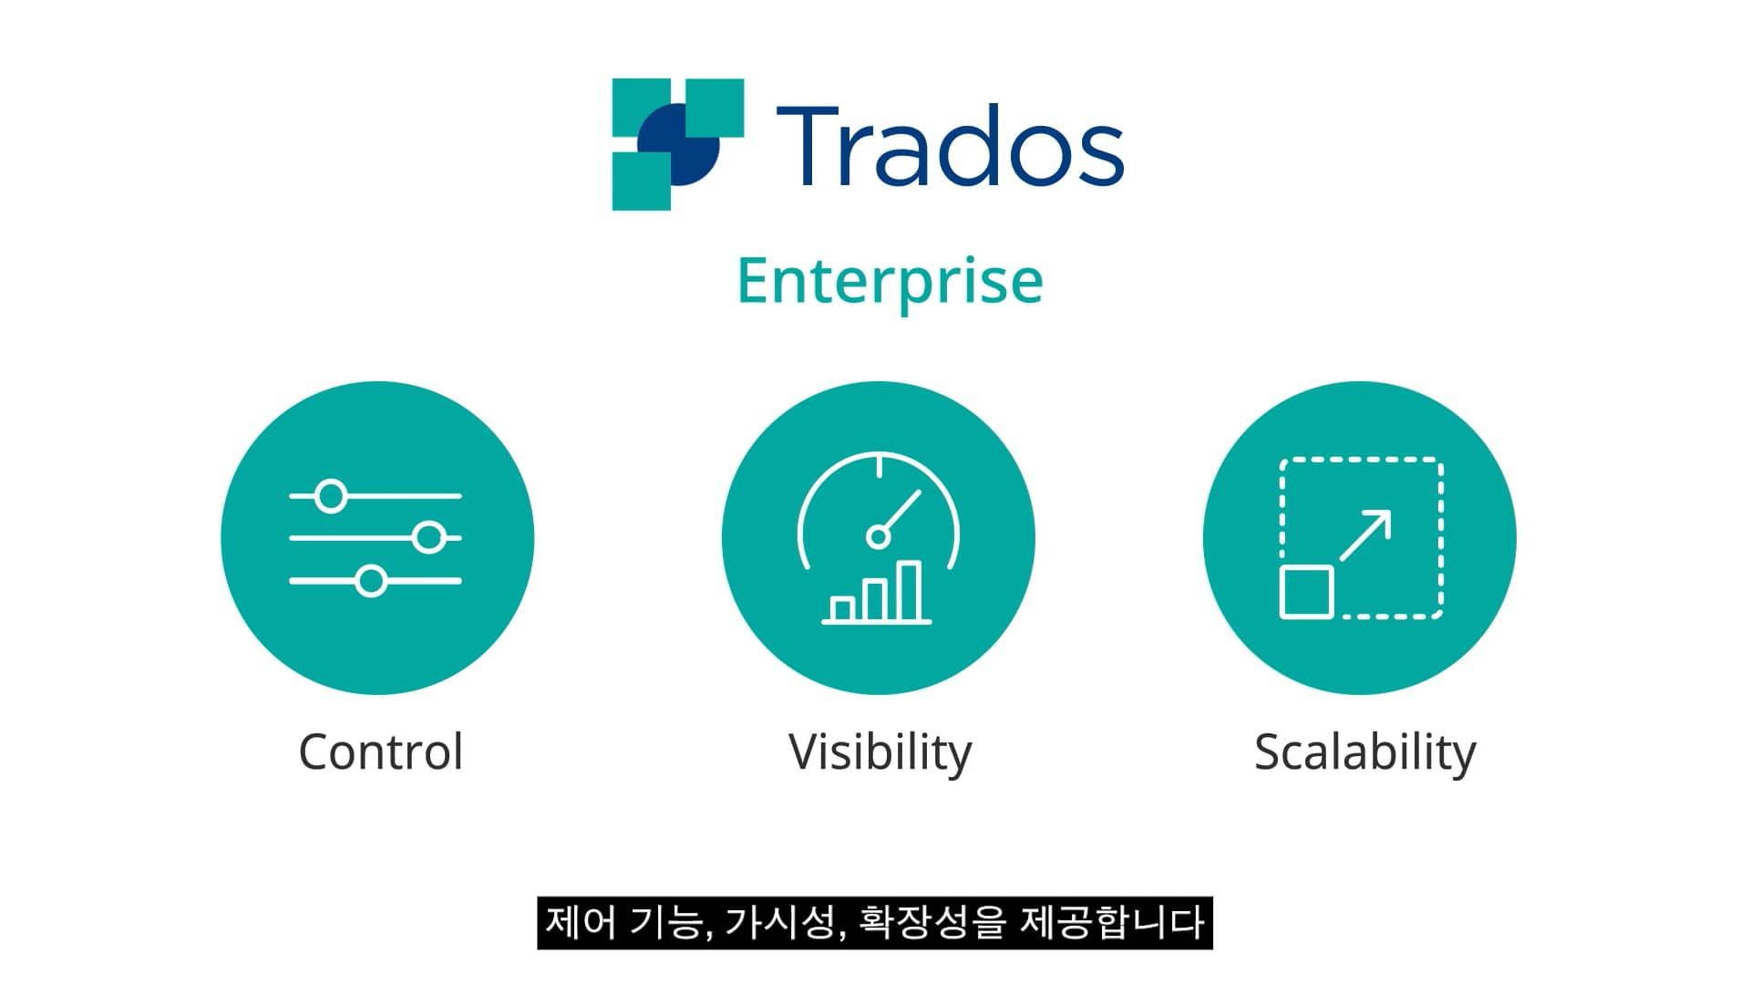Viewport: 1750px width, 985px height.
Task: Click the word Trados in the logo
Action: click(x=949, y=146)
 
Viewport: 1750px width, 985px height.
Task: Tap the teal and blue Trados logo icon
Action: click(x=677, y=144)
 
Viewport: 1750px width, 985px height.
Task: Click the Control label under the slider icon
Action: click(x=380, y=752)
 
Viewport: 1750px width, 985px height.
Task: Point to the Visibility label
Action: click(x=880, y=753)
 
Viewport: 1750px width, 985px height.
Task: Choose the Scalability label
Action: click(x=1364, y=753)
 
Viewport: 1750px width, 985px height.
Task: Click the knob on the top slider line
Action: click(x=331, y=496)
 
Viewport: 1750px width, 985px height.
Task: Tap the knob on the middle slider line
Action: click(x=428, y=538)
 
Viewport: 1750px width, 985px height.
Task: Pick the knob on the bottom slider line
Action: click(x=371, y=581)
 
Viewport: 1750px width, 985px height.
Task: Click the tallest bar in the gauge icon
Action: click(x=909, y=591)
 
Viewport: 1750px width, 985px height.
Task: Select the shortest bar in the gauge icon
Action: click(x=843, y=608)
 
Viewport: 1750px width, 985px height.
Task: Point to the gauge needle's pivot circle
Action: click(x=878, y=536)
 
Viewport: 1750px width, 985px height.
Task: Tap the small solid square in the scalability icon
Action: click(x=1307, y=592)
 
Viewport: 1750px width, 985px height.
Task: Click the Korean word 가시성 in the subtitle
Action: click(x=782, y=923)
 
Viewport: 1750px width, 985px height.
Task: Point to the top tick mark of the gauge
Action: click(x=879, y=466)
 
